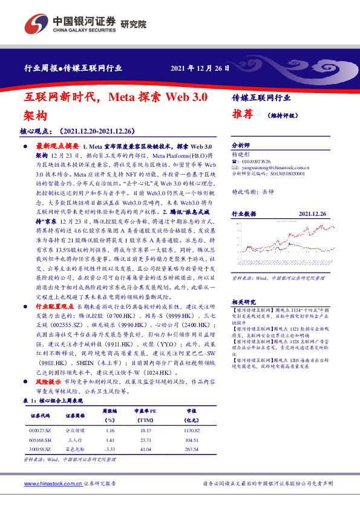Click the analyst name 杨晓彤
coord(240,154)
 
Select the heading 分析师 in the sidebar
coord(241,146)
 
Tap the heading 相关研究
coord(244,302)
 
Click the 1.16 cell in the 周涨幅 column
coord(110,430)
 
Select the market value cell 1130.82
coord(191,430)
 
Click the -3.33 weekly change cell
coord(110,450)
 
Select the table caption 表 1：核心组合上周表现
coord(53,400)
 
